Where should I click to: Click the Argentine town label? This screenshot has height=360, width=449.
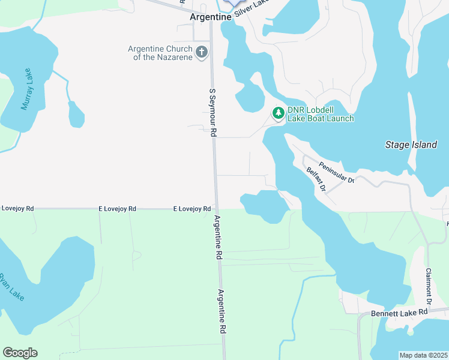click(210, 17)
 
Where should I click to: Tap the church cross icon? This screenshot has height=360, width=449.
click(202, 52)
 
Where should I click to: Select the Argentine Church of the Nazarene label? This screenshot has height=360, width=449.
click(160, 53)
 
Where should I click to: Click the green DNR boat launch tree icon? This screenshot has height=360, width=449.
click(279, 113)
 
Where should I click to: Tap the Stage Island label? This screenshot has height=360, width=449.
click(410, 145)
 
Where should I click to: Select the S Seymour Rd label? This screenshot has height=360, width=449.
click(212, 112)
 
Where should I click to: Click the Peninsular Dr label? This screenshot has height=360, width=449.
click(337, 172)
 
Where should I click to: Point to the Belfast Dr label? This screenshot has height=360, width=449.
click(316, 179)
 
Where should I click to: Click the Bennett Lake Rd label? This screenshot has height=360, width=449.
click(399, 313)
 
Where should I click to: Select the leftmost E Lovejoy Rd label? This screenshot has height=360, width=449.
click(17, 208)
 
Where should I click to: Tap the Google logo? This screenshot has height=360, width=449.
click(20, 353)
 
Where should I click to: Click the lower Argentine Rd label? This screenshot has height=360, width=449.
click(221, 311)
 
